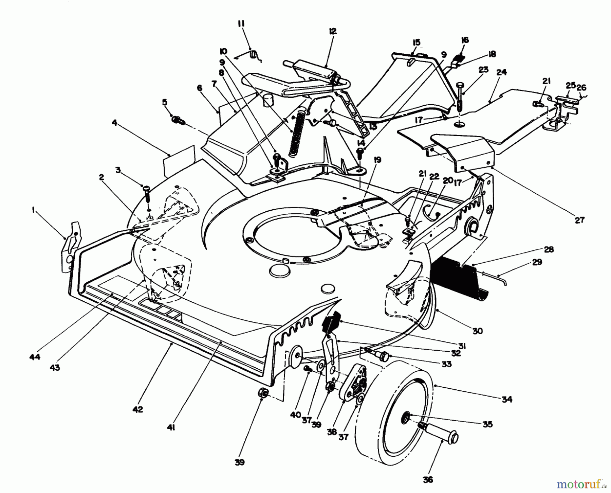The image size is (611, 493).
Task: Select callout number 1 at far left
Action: [33, 211]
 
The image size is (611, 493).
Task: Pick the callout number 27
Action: [579, 220]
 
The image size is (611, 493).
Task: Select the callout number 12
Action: [332, 31]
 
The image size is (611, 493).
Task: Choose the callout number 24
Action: [501, 72]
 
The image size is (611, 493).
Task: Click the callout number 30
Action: [477, 331]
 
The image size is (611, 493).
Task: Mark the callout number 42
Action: [138, 409]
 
